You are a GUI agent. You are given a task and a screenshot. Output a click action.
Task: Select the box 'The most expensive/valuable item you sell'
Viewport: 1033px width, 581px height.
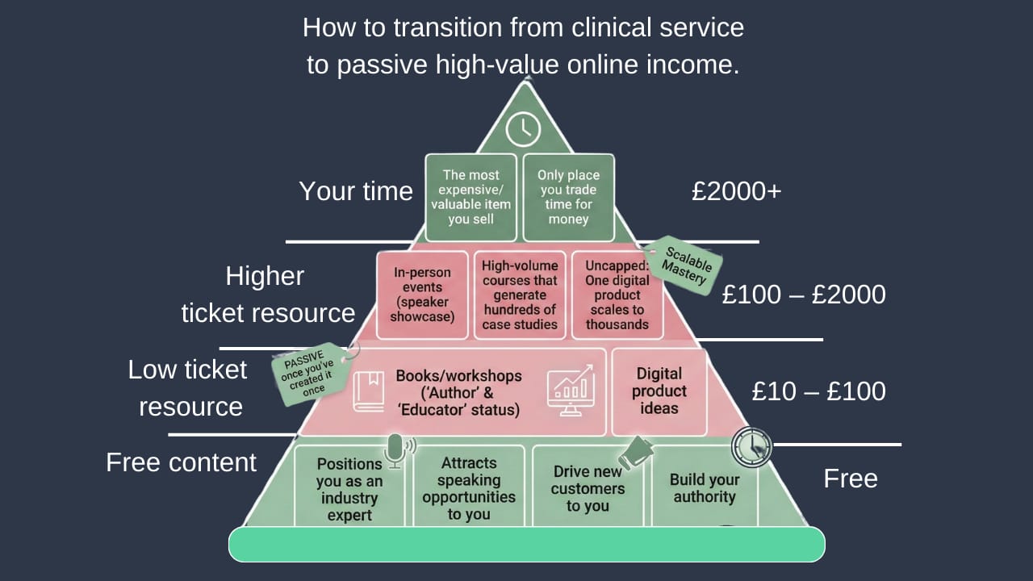click(471, 197)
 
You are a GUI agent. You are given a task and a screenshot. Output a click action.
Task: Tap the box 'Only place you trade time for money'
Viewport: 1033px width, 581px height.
click(568, 197)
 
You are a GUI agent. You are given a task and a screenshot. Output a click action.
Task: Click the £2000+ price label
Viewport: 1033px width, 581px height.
click(736, 191)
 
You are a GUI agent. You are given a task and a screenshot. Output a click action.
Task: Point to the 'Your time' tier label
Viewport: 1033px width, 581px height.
click(356, 191)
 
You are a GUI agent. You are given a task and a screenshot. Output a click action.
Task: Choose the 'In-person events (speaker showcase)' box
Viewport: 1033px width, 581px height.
click(422, 295)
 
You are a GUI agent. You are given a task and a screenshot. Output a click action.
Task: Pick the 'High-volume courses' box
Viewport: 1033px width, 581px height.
click(520, 295)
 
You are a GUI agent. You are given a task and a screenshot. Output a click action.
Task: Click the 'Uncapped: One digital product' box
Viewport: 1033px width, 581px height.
click(617, 295)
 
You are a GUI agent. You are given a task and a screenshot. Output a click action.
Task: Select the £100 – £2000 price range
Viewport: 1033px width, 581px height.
click(804, 295)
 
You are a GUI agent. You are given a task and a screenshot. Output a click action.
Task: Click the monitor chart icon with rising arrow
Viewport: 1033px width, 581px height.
click(571, 391)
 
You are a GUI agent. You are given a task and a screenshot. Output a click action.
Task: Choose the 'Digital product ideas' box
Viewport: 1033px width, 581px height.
click(659, 391)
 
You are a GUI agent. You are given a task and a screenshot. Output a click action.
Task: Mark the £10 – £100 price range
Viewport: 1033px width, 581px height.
click(818, 391)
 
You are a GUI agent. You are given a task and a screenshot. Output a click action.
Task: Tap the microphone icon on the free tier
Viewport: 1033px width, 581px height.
click(395, 450)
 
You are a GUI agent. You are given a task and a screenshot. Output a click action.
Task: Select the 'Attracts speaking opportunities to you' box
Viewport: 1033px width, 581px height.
click(469, 489)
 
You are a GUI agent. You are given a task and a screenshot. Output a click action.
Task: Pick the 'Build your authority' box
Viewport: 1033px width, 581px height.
click(705, 488)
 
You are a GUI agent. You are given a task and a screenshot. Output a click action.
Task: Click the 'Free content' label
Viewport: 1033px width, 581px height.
click(182, 462)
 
